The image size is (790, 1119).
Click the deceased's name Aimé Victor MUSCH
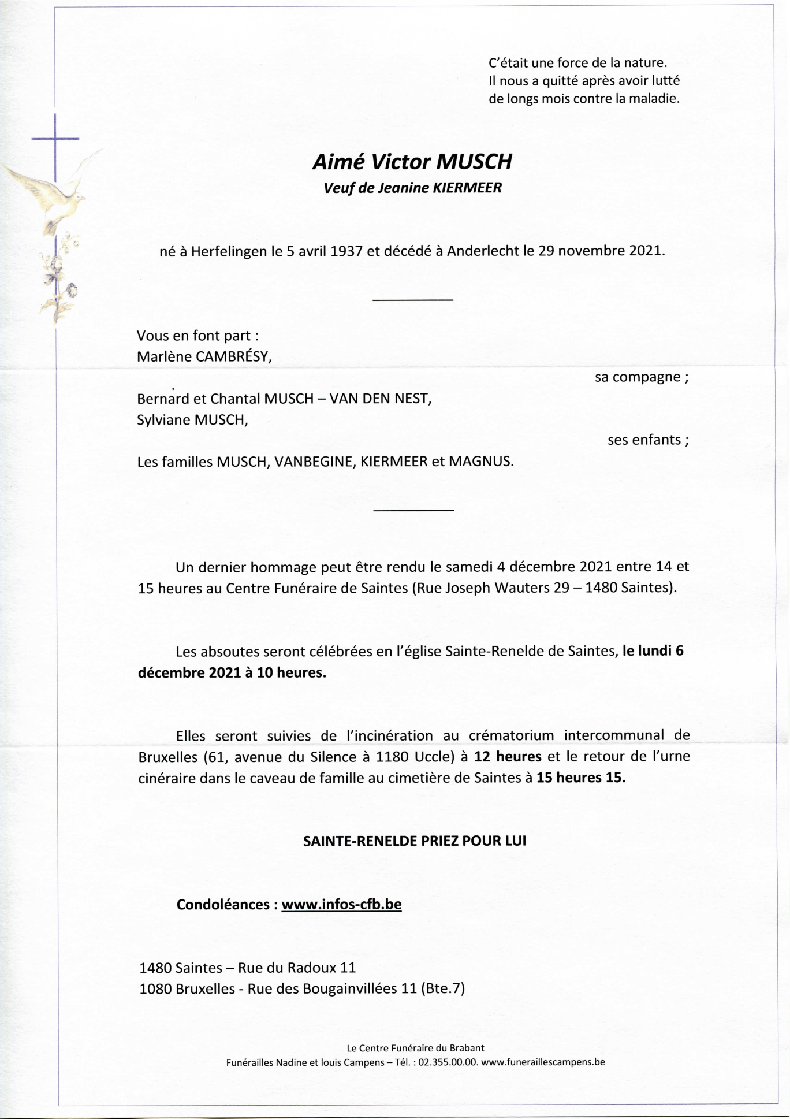tap(412, 162)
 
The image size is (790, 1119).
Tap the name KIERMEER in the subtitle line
tap(467, 188)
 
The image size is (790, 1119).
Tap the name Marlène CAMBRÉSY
tap(204, 356)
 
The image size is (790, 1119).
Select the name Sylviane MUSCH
tap(192, 419)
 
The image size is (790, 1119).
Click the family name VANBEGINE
tap(314, 462)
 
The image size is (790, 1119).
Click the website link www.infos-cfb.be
tap(341, 904)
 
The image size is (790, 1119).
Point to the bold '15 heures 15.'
tap(580, 778)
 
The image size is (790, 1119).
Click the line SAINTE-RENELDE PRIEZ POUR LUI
tap(415, 841)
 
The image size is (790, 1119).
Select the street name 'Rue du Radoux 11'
tap(297, 967)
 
